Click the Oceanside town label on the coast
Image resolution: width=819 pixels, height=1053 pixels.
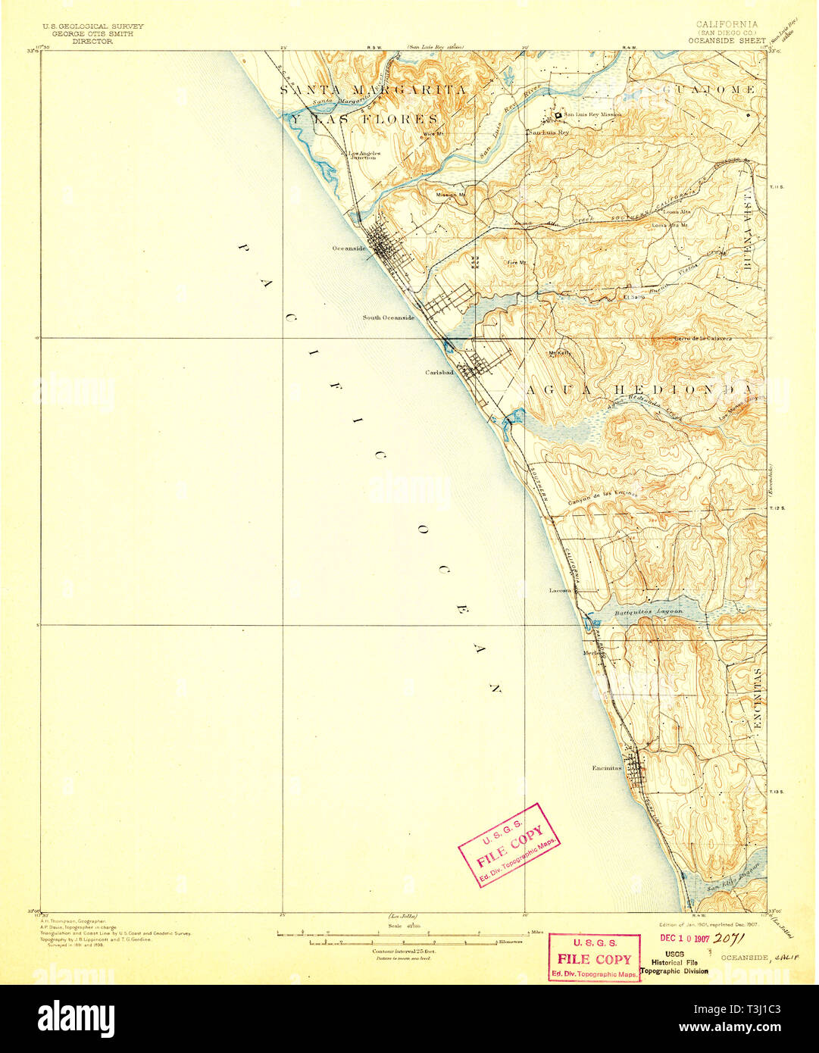pyautogui.click(x=349, y=248)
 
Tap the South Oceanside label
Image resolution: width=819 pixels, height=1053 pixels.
pyautogui.click(x=388, y=317)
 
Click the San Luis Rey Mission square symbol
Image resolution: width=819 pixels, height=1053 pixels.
pyautogui.click(x=558, y=115)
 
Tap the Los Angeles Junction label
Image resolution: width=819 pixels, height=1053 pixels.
pyautogui.click(x=362, y=155)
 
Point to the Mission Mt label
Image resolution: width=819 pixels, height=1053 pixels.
pyautogui.click(x=450, y=194)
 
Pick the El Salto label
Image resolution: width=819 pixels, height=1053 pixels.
pyautogui.click(x=633, y=298)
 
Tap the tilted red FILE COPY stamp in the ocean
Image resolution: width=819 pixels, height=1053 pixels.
pyautogui.click(x=508, y=844)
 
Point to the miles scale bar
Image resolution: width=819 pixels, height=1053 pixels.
pyautogui.click(x=402, y=934)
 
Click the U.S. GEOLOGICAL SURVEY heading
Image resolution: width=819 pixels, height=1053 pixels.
pyautogui.click(x=92, y=27)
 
